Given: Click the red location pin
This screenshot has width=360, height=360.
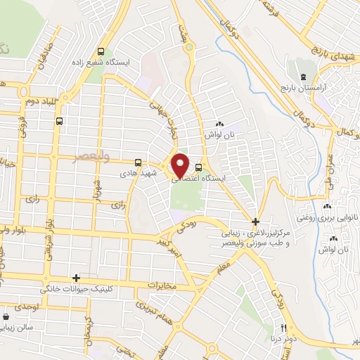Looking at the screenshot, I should (x=181, y=165).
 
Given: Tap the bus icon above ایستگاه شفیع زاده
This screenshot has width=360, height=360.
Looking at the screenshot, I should (x=101, y=51).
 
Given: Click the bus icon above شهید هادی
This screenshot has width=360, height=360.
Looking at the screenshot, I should (x=138, y=162).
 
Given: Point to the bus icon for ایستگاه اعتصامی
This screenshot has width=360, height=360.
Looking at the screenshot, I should (x=199, y=167).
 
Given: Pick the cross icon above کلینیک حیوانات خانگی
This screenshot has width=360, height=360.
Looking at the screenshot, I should (x=76, y=278).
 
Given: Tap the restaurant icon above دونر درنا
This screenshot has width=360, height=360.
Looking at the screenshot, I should (x=284, y=328).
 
